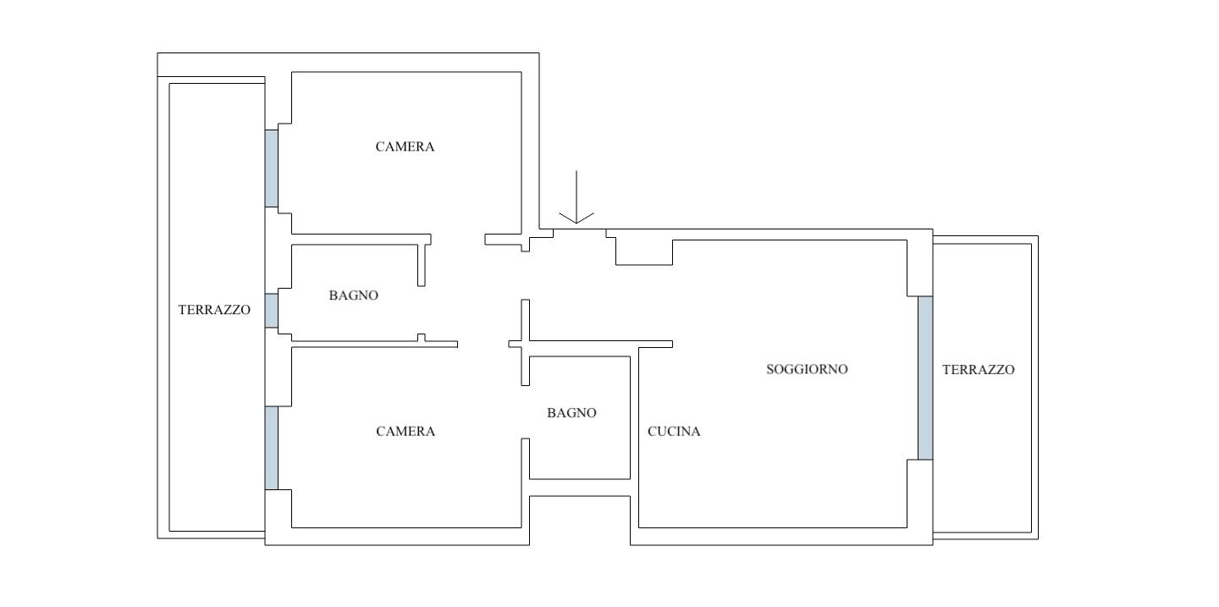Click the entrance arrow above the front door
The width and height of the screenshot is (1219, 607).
click(576, 197)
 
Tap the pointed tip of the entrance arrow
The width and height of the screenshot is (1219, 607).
click(576, 223)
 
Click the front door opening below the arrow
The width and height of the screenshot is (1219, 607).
click(580, 229)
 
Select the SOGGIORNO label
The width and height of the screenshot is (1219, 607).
click(807, 369)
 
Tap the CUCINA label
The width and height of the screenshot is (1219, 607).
click(674, 431)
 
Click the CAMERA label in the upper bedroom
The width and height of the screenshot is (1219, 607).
click(405, 146)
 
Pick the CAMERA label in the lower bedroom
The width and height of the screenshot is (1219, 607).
click(405, 431)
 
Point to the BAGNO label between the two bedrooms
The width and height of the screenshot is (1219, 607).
click(353, 295)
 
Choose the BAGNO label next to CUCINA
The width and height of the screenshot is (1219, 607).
click(571, 412)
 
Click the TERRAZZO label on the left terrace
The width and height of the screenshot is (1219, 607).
click(214, 310)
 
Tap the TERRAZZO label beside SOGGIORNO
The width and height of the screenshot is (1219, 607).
click(979, 370)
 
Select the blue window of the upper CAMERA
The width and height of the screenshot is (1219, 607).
click(272, 168)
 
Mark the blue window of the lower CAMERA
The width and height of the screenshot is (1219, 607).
click(272, 448)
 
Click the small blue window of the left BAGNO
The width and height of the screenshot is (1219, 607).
click(272, 311)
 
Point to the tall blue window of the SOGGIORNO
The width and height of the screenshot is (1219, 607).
click(925, 378)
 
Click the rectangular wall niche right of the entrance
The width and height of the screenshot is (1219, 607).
click(644, 252)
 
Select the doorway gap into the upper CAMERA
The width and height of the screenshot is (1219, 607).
click(458, 240)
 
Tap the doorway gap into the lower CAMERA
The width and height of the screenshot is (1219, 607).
click(525, 412)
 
